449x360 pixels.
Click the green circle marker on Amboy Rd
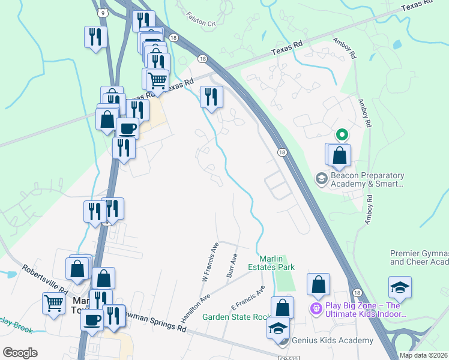[x=341, y=134]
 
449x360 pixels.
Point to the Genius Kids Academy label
[x=332, y=340]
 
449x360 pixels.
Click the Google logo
[x=20, y=353]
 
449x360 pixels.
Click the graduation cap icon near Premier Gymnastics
[x=400, y=287]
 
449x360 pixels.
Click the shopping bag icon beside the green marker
[x=339, y=154]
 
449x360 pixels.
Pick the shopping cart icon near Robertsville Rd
[x=54, y=302]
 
